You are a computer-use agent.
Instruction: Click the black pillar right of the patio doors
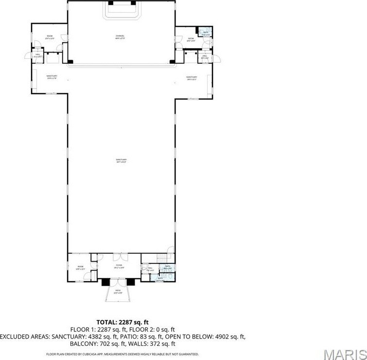(x=131, y=281)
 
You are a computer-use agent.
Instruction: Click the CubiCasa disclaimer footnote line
(x=122, y=354)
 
